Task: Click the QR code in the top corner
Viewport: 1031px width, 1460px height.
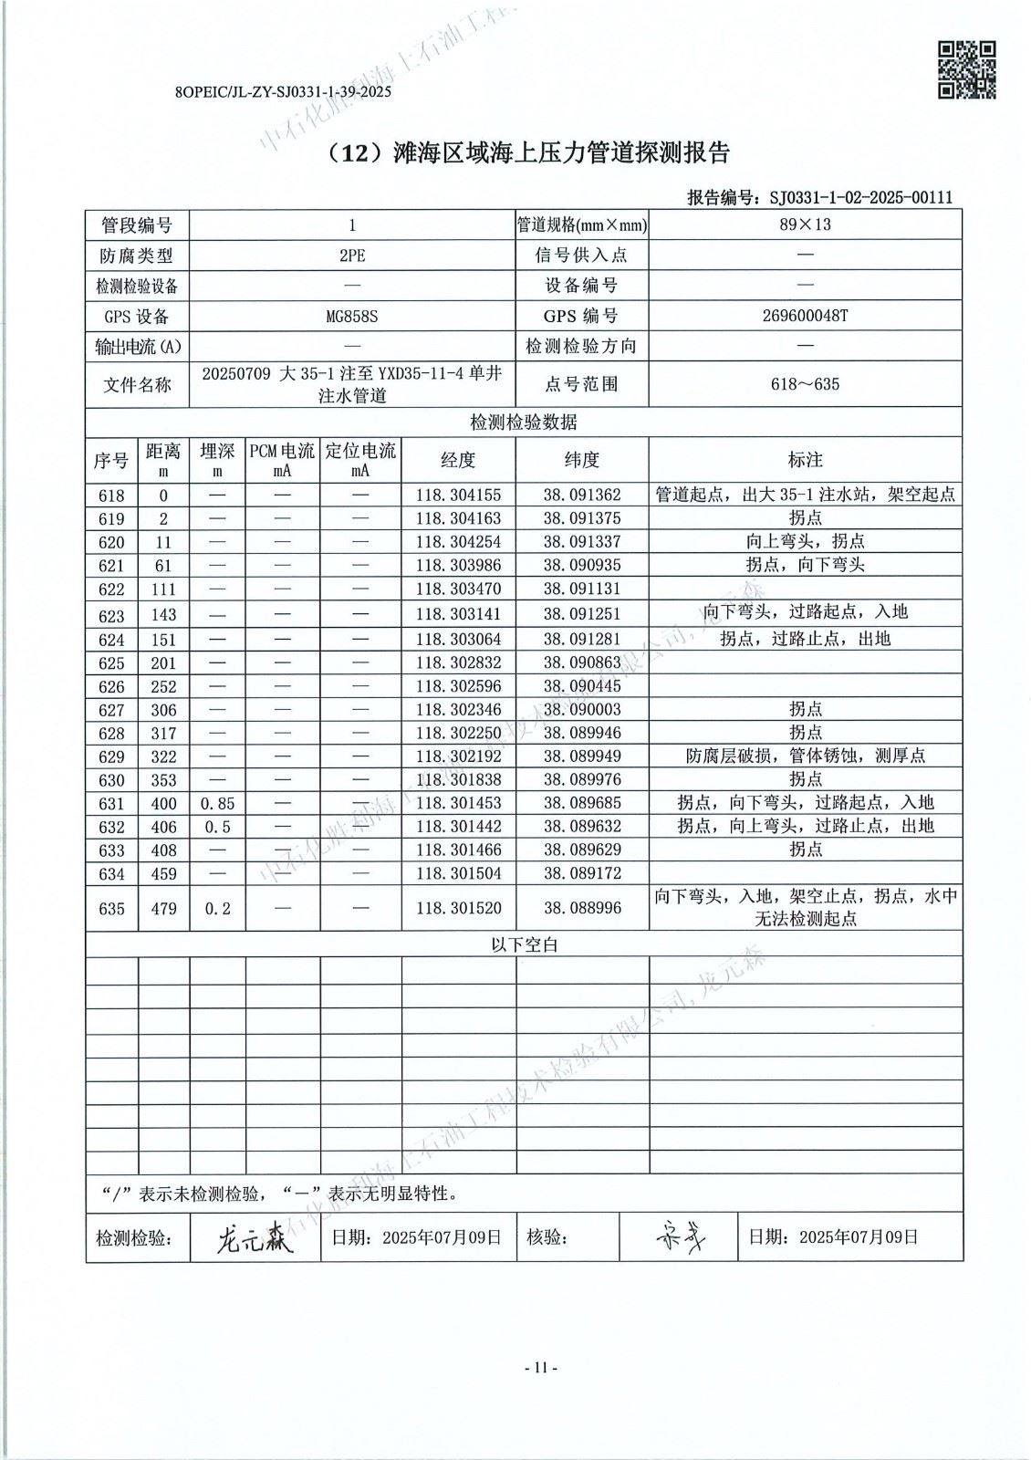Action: tap(967, 69)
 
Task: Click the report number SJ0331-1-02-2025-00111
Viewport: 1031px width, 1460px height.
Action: tap(861, 197)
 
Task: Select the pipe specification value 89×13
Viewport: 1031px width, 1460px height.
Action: tap(805, 224)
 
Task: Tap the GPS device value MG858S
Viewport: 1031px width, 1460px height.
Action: tap(352, 317)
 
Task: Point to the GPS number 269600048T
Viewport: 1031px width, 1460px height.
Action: tap(805, 317)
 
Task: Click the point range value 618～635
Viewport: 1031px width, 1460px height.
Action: tap(805, 384)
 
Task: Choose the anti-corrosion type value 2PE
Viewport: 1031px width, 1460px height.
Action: tap(352, 255)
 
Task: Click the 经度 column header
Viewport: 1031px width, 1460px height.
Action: tap(458, 460)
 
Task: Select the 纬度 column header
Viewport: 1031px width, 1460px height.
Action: tap(582, 460)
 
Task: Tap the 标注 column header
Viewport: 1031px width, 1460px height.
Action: tap(805, 460)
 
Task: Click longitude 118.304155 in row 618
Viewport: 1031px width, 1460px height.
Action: tap(458, 495)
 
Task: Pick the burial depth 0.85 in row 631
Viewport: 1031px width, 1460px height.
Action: tap(217, 804)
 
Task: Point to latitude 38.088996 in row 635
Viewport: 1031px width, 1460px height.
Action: tap(582, 908)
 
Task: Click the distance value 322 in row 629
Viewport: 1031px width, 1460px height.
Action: tap(164, 756)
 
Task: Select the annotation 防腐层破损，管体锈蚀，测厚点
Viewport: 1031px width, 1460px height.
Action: tap(805, 756)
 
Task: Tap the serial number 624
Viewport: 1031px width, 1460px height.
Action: tap(111, 640)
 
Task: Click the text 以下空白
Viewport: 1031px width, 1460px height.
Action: tap(524, 944)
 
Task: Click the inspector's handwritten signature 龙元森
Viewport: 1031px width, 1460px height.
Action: tap(255, 1238)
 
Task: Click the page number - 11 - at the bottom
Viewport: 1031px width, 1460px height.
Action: tap(540, 1368)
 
